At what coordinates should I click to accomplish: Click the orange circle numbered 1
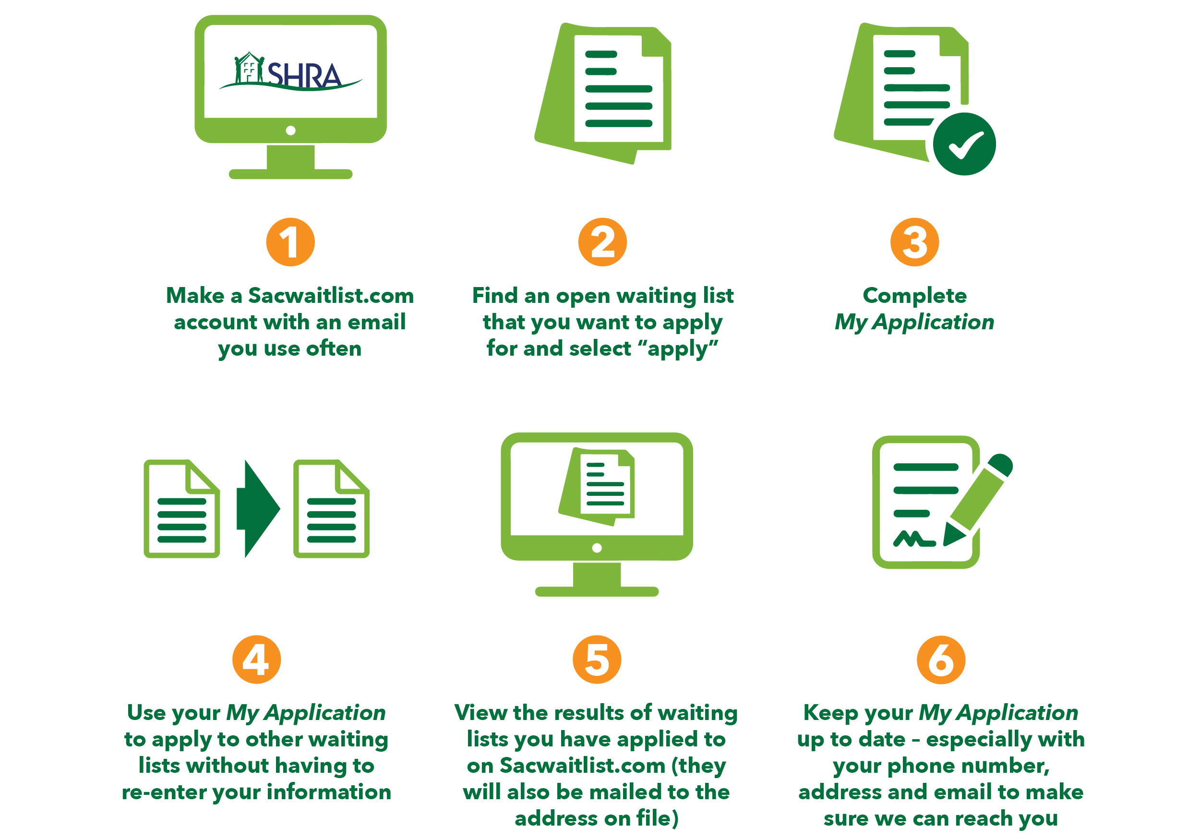(x=290, y=242)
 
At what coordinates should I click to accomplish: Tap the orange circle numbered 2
(x=602, y=242)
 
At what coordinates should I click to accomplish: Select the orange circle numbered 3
(x=914, y=242)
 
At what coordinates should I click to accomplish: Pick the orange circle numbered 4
(x=256, y=659)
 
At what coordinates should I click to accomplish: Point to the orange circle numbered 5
(x=597, y=659)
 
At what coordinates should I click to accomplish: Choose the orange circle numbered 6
(x=941, y=659)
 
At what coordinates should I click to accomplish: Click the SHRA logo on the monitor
(x=290, y=73)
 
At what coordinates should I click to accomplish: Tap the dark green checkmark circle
(x=964, y=144)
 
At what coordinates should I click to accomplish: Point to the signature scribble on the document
(x=913, y=540)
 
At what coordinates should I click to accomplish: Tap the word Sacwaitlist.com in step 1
(x=330, y=296)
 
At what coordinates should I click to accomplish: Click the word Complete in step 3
(x=914, y=296)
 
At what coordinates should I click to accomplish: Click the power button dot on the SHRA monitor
(x=290, y=130)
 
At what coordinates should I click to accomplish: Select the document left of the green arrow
(x=181, y=509)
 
